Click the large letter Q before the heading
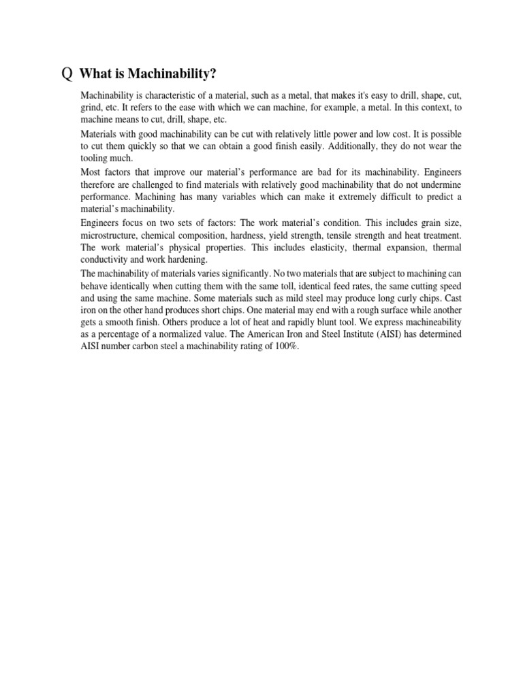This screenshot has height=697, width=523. (x=66, y=74)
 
